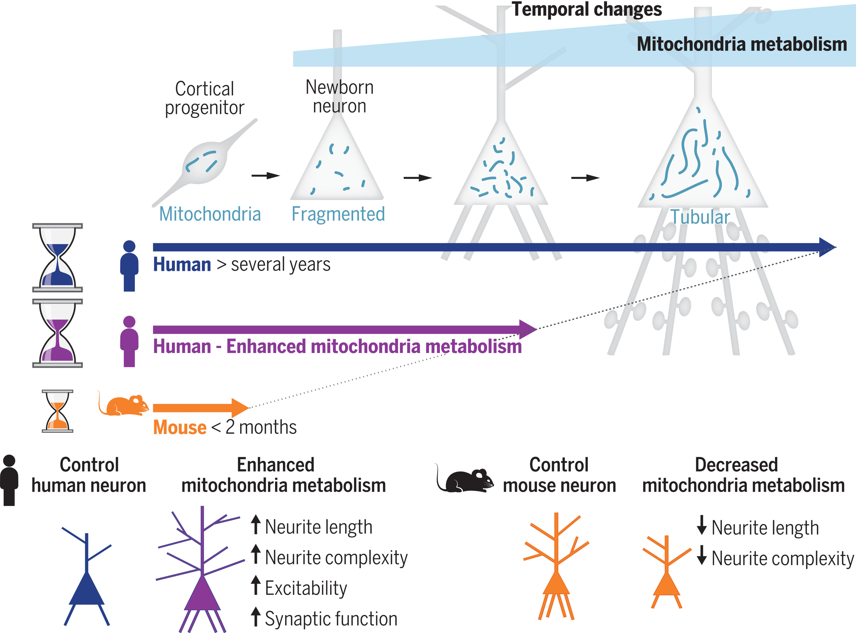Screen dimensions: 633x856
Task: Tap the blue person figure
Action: (x=129, y=266)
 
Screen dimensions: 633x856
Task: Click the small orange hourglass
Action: (x=58, y=411)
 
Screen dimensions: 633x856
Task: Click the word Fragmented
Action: (x=338, y=214)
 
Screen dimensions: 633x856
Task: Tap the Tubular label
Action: (x=700, y=217)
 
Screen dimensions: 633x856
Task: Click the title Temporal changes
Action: (x=587, y=9)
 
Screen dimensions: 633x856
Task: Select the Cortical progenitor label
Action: (x=204, y=98)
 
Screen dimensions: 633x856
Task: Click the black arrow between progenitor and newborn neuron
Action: (x=266, y=176)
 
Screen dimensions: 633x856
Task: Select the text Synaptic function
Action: (x=331, y=618)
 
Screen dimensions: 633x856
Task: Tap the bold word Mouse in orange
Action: (x=180, y=427)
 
